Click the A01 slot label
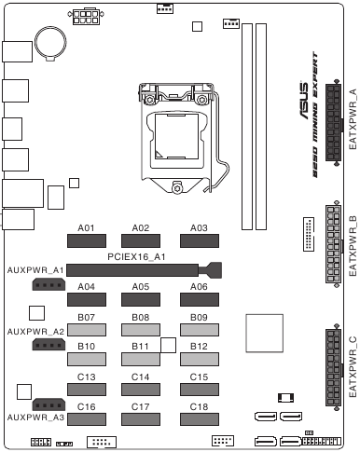coord(87,227)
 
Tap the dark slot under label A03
coord(198,240)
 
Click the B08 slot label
coord(142,318)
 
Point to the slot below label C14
coord(142,390)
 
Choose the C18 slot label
coord(198,407)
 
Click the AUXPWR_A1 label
coord(35,269)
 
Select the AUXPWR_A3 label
coord(35,418)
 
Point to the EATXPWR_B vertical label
coord(353,246)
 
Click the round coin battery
coord(49,38)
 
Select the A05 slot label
coord(142,287)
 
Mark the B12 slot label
coord(198,347)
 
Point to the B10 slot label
coord(87,347)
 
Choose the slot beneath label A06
coord(198,299)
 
